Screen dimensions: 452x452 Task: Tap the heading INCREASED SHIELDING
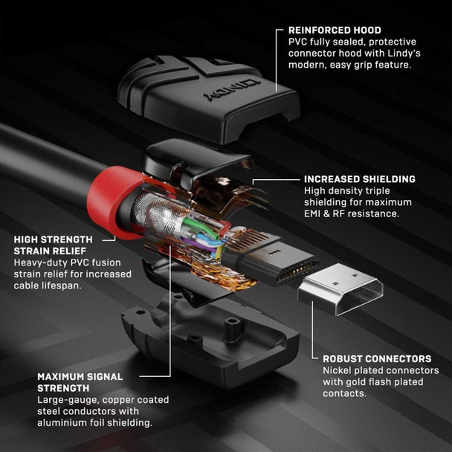(x=359, y=179)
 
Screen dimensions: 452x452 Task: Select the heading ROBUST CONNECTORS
(x=376, y=358)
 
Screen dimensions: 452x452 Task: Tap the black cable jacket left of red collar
(x=37, y=152)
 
